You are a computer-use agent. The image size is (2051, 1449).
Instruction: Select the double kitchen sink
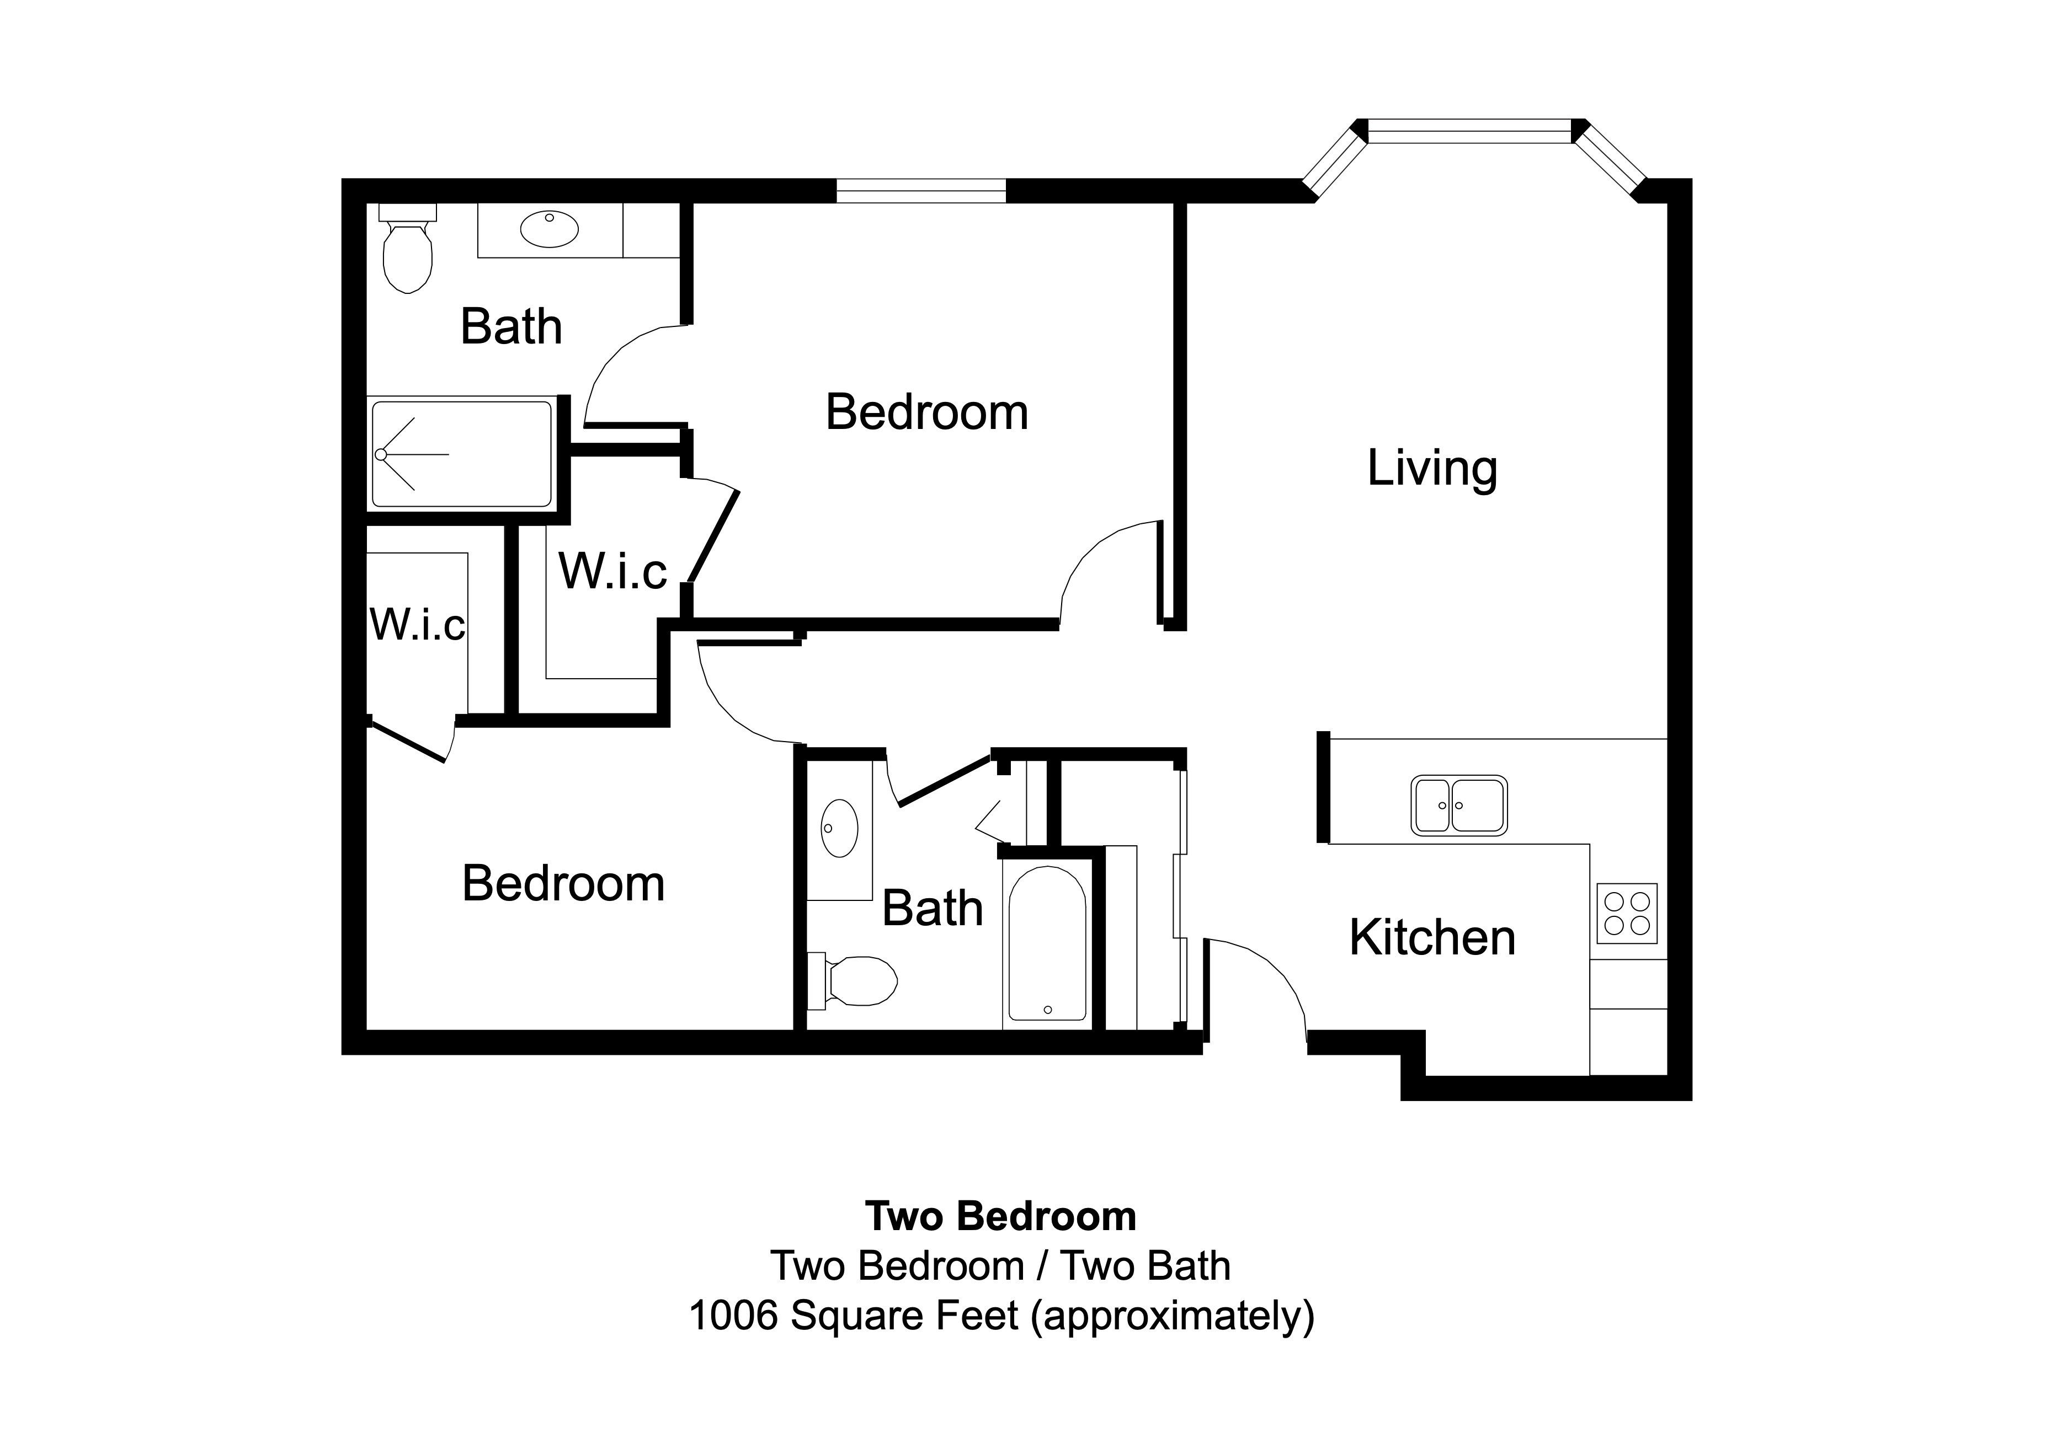pyautogui.click(x=1459, y=806)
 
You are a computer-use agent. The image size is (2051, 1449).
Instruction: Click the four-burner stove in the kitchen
pyautogui.click(x=1627, y=913)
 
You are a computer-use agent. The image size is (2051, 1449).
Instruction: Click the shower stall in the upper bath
pyautogui.click(x=462, y=454)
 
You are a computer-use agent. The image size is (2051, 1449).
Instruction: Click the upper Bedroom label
pyautogui.click(x=926, y=412)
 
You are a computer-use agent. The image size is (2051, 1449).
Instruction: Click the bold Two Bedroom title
pyautogui.click(x=1000, y=1216)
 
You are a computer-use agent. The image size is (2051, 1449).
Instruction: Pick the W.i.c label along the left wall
pyautogui.click(x=417, y=624)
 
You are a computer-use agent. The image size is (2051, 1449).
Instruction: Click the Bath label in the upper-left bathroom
pyautogui.click(x=511, y=327)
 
